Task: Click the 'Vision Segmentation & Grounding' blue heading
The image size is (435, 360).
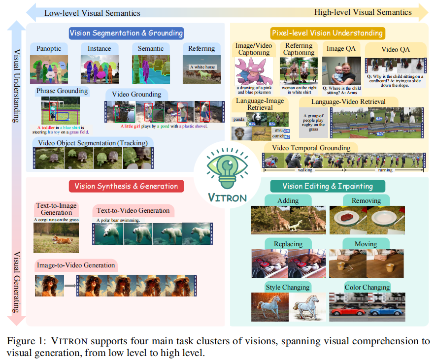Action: (x=126, y=33)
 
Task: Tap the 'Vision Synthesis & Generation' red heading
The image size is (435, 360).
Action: (x=126, y=186)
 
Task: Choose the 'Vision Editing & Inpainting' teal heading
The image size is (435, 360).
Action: (x=327, y=186)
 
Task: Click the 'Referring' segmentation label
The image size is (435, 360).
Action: (x=201, y=48)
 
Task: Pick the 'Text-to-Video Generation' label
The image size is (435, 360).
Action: (x=133, y=210)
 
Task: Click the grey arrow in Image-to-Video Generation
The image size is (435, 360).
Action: (x=71, y=285)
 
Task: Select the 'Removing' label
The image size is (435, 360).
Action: (x=366, y=200)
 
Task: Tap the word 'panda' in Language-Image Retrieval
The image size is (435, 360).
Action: (x=239, y=119)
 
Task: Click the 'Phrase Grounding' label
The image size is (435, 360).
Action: (x=63, y=91)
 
